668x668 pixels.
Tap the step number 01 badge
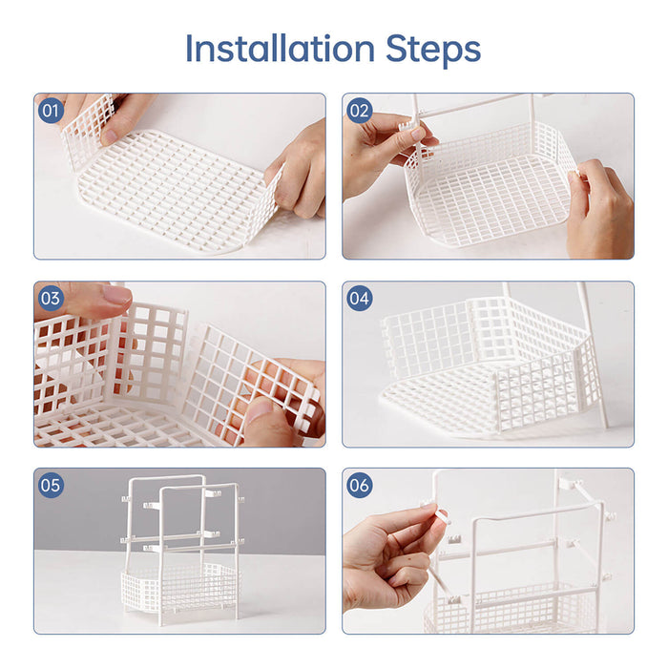pyautogui.click(x=51, y=111)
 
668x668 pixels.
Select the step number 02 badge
pyautogui.click(x=359, y=111)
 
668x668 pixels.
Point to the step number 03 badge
pyautogui.click(x=51, y=299)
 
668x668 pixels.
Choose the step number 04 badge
pyautogui.click(x=359, y=299)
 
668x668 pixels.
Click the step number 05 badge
pyautogui.click(x=51, y=486)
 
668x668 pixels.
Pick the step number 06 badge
pyautogui.click(x=359, y=486)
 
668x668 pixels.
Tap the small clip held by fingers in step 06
pyautogui.click(x=441, y=516)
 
